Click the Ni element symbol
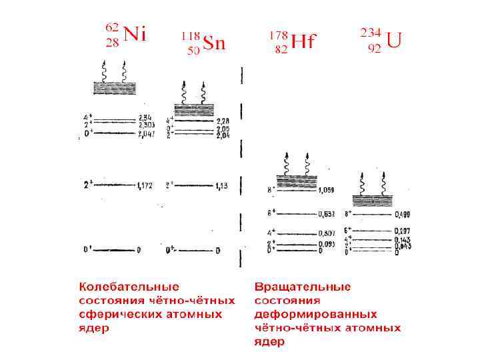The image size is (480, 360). pyautogui.click(x=135, y=35)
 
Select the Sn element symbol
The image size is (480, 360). pyautogui.click(x=215, y=44)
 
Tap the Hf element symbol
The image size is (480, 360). pyautogui.click(x=303, y=42)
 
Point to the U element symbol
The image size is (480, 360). pyautogui.click(x=394, y=41)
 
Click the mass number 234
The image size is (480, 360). pyautogui.click(x=371, y=32)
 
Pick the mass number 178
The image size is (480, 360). pyautogui.click(x=279, y=34)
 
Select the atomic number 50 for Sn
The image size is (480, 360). pyautogui.click(x=193, y=51)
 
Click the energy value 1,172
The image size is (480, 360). pyautogui.click(x=145, y=185)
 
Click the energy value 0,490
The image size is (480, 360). pyautogui.click(x=402, y=215)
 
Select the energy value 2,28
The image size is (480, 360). pyautogui.click(x=223, y=121)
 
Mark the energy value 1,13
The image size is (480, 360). pyautogui.click(x=221, y=185)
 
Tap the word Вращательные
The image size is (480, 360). pyautogui.click(x=303, y=287)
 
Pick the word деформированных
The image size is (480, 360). pyautogui.click(x=315, y=314)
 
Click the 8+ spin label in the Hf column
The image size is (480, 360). pyautogui.click(x=271, y=190)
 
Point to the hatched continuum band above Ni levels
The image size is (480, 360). pyautogui.click(x=115, y=87)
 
